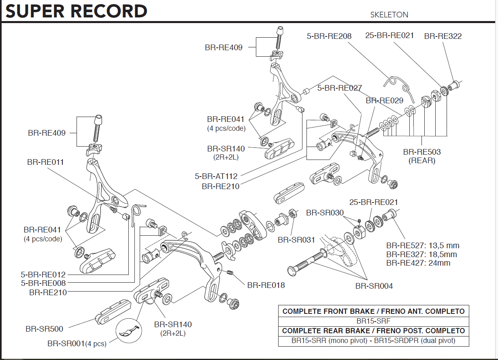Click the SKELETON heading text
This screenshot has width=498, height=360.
[389, 15]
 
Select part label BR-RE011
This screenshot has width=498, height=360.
[45, 162]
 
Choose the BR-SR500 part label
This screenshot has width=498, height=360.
[45, 328]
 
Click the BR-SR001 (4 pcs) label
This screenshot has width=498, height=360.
[77, 344]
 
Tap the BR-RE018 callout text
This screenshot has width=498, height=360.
[266, 285]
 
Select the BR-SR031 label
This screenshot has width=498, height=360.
[296, 240]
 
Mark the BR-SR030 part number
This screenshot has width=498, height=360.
[325, 213]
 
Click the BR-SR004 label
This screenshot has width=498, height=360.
[374, 286]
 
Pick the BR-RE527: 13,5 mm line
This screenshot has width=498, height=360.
[423, 245]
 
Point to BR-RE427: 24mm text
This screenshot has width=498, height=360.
[418, 263]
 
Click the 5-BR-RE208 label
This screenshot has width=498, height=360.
[329, 36]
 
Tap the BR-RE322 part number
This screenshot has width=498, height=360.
[443, 36]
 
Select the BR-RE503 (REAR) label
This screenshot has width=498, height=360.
[422, 156]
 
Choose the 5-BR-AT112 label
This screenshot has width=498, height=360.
[216, 176]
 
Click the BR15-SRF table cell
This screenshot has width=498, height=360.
[373, 321]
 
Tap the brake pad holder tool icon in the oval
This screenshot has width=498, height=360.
[128, 330]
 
